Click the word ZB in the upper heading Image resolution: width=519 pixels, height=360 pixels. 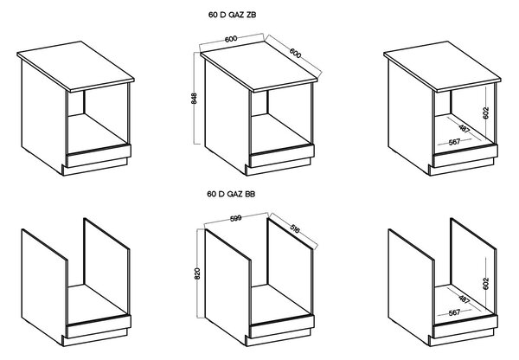point(251,15)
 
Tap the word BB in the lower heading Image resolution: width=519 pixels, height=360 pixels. point(250,194)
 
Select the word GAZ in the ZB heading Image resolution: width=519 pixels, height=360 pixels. point(236,15)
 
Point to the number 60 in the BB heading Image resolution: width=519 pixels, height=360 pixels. point(212,194)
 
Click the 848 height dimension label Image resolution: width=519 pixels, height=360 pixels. point(195,99)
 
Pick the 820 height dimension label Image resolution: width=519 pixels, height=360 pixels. point(197,273)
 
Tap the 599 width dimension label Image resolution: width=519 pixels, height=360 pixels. point(235,218)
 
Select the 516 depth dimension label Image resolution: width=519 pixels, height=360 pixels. point(295,228)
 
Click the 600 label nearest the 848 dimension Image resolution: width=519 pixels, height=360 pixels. point(231,39)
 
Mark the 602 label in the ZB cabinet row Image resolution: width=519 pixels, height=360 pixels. point(486,113)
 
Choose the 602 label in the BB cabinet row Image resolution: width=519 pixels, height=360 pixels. point(486,284)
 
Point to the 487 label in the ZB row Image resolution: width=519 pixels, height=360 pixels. point(465,128)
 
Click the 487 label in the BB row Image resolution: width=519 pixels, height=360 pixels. point(465,299)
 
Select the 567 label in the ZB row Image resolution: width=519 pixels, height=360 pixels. point(454,142)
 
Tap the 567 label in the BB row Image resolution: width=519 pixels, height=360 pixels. point(454,312)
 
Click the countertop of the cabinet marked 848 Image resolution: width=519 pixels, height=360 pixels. point(259,66)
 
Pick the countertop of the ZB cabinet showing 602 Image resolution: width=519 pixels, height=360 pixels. point(443,66)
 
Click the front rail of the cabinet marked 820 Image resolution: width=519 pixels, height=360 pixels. point(281,326)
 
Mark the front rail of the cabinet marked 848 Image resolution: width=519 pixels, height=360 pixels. point(281,156)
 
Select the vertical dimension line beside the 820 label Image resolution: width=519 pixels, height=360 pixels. point(197,273)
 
